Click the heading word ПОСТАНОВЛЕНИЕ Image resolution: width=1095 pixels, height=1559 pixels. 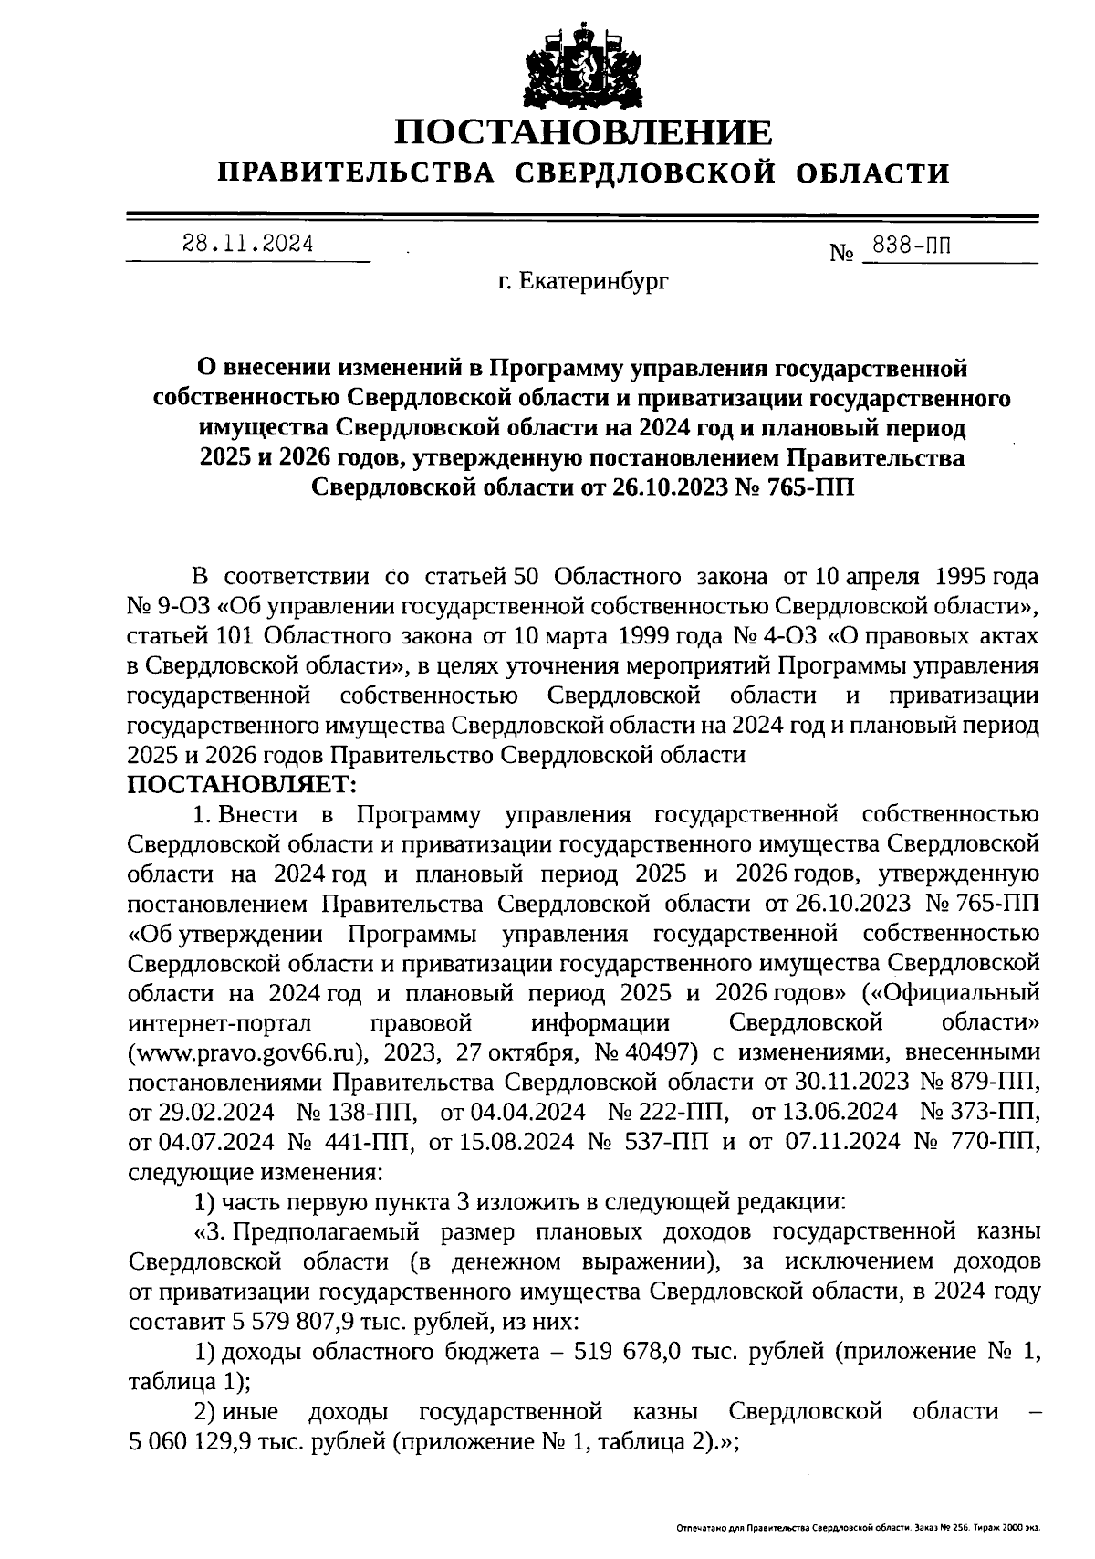(x=583, y=133)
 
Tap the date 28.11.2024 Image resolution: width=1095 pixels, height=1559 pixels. (x=247, y=244)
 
